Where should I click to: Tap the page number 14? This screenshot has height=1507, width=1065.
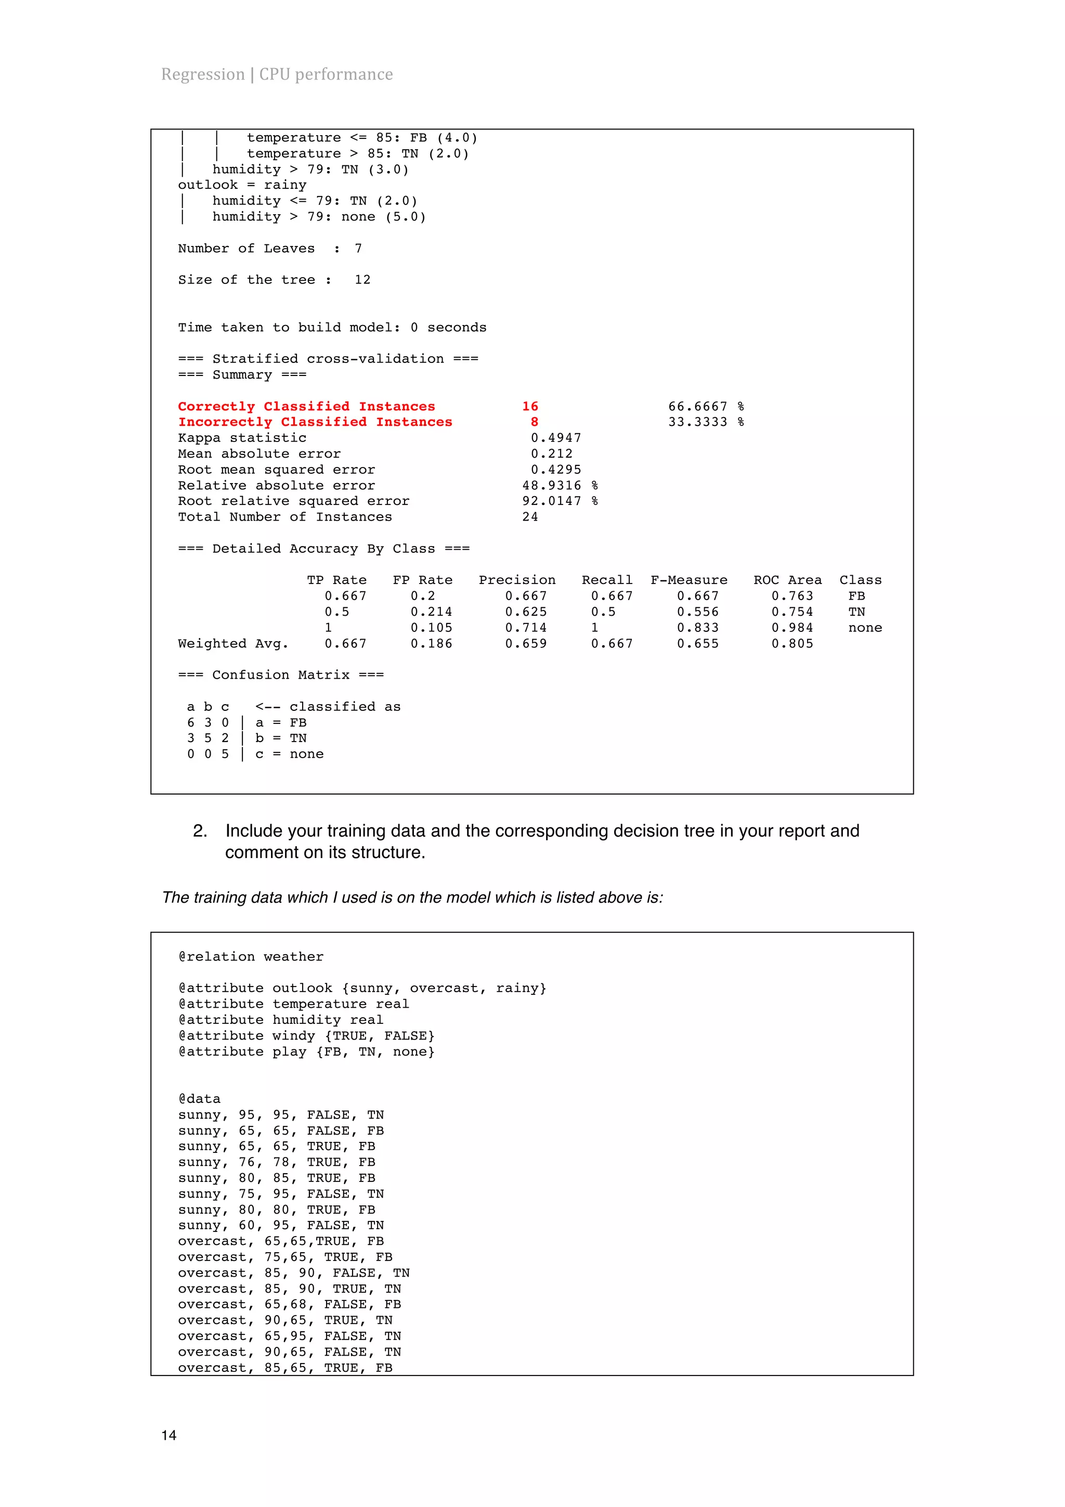pos(168,1435)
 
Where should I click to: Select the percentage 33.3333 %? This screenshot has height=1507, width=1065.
pos(706,422)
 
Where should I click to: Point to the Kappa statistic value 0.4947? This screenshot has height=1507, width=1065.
pos(555,438)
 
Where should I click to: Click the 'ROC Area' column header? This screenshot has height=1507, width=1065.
pos(787,580)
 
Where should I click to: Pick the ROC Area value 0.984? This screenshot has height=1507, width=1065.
pos(791,628)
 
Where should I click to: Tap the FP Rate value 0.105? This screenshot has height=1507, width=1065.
pos(431,628)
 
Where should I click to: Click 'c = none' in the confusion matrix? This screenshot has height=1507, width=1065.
pos(289,754)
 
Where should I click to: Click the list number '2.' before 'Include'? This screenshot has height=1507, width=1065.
pos(200,831)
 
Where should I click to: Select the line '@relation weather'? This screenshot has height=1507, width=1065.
pos(251,956)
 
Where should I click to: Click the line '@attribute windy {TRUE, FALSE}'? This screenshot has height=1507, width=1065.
pos(306,1036)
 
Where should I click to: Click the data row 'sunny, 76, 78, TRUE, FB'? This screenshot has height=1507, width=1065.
pos(276,1162)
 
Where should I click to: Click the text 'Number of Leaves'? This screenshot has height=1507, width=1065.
pos(246,248)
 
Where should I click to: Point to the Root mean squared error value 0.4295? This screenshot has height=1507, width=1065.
pos(555,469)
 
